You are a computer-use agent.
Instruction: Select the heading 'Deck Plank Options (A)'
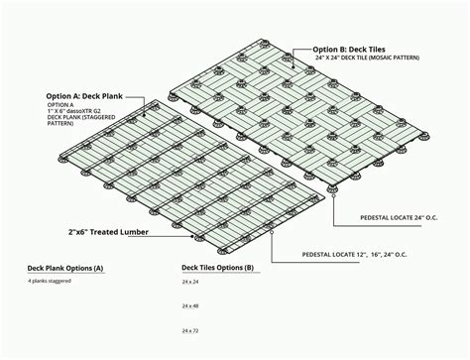[65, 269]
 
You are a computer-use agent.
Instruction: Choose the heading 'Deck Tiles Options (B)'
[217, 268]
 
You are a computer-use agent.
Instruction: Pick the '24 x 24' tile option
[190, 283]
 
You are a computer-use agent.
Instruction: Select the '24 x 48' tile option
[190, 306]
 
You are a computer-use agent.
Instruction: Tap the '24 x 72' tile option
[190, 329]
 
